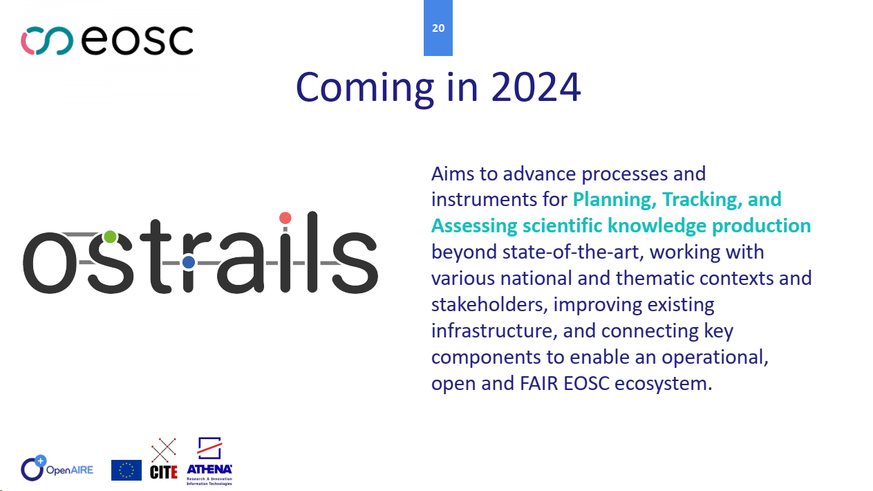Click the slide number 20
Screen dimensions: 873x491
pos(438,28)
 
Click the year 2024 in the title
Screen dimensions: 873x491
pos(536,87)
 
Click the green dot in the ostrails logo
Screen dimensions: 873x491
pos(111,237)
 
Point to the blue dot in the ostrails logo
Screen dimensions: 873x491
pos(189,262)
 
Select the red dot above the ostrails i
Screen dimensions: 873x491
pos(285,218)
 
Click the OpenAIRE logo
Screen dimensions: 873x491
pos(57,468)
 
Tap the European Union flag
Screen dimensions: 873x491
pos(126,470)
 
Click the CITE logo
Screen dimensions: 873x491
pos(164,458)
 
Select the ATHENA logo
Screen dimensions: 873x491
pos(209,461)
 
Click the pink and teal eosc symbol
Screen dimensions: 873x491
pos(47,41)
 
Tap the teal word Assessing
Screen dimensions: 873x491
pos(474,226)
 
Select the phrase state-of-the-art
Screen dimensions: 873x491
pos(570,252)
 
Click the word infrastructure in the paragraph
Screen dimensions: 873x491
pos(491,331)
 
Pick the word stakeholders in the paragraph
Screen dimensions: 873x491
pos(489,304)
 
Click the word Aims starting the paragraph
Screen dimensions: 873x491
pos(453,174)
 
